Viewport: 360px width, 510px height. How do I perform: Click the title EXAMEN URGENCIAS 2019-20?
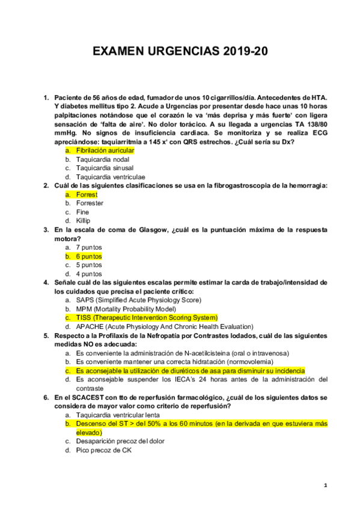[x=180, y=53]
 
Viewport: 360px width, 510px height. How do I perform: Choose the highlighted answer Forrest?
[x=87, y=194]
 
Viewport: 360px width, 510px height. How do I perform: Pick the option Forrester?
[x=90, y=203]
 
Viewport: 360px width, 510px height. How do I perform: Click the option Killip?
[x=84, y=221]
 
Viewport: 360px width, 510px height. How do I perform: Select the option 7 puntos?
[x=89, y=247]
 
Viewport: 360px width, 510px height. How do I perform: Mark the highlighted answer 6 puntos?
[x=89, y=256]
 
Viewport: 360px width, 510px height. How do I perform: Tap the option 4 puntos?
[x=89, y=274]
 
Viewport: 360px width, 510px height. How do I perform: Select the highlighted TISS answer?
[x=146, y=317]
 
